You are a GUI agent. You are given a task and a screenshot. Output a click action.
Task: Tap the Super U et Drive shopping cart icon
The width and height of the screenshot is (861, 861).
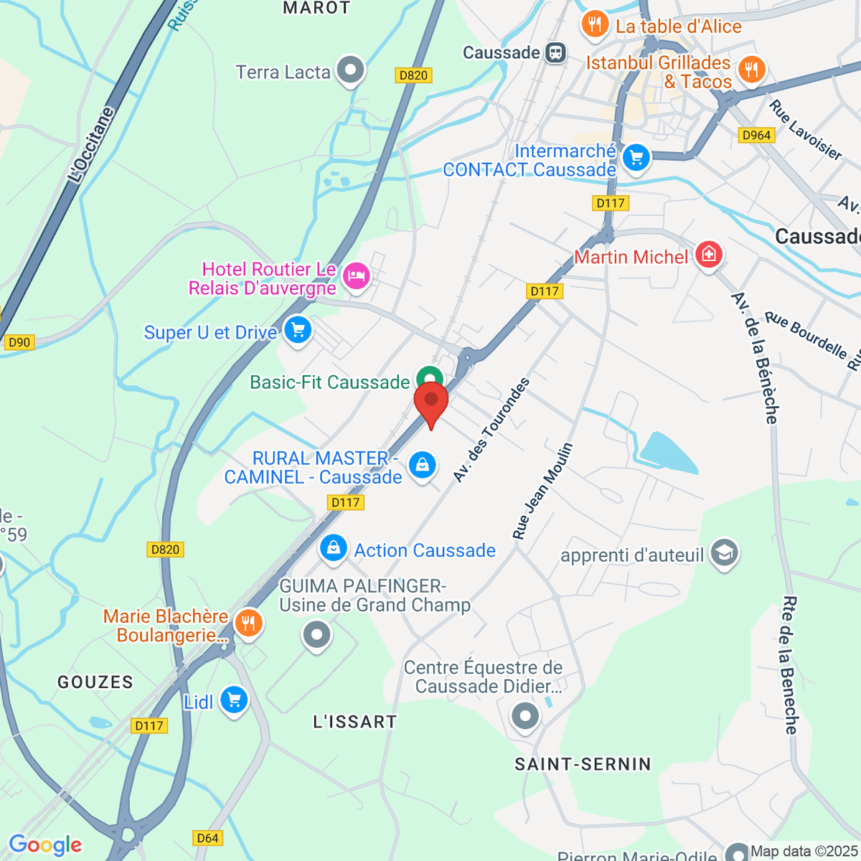298,331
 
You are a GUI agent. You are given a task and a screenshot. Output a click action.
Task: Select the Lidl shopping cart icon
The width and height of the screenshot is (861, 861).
234,700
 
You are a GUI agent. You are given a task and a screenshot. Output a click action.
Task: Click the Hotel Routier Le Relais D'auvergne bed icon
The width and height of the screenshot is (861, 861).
357,276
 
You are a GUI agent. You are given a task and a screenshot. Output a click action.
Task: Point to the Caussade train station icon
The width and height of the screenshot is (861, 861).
555,52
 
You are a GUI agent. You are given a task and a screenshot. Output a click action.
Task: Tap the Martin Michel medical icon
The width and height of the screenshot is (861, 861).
708,254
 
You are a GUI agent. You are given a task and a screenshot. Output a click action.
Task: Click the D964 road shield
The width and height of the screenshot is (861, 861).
756,135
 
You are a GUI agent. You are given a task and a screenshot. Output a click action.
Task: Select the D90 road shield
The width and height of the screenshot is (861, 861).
19,342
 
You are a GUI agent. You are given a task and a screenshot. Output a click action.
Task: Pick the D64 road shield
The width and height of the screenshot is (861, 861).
207,838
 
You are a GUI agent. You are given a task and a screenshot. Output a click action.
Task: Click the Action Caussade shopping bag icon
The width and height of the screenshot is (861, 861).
333,549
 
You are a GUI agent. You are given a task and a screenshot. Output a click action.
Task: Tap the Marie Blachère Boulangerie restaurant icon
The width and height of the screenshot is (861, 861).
248,623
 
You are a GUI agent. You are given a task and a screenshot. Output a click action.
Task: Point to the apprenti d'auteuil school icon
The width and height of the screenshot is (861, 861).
724,553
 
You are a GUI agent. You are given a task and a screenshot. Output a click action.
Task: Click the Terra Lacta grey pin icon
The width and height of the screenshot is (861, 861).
351,70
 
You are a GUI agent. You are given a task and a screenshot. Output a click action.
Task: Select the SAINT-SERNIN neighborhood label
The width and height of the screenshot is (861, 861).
583,764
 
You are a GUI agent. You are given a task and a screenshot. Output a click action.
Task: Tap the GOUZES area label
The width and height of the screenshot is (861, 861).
95,682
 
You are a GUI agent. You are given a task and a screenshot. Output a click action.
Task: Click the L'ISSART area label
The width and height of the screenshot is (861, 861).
354,722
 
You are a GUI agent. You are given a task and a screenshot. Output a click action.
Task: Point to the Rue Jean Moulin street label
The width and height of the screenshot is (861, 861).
542,491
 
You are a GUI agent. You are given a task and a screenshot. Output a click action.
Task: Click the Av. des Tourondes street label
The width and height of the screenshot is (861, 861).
491,430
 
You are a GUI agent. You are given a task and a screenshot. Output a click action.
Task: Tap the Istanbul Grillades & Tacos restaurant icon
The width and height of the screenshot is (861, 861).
751,70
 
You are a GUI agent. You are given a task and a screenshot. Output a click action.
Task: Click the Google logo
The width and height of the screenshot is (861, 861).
44,845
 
